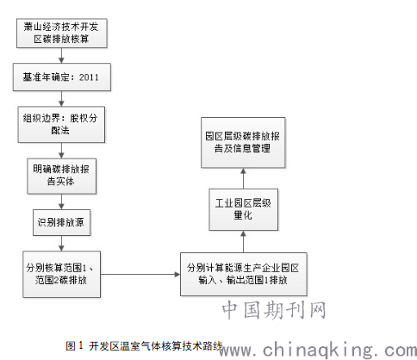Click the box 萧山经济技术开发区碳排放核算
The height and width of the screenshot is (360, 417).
pos(62,34)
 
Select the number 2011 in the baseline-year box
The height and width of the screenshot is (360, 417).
pos(89,78)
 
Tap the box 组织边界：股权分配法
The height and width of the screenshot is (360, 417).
pos(61,125)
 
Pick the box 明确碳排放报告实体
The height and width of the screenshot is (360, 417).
pos(61,176)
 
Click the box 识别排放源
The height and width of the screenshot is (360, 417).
pos(61,222)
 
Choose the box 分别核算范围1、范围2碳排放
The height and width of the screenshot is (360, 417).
pos(61,274)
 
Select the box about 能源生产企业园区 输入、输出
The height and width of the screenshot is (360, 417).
pos(243,274)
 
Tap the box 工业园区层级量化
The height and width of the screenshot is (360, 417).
pos(243,209)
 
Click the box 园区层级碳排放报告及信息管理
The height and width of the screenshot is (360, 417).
pos(243,143)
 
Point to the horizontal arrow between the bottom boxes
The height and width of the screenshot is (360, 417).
pos(140,275)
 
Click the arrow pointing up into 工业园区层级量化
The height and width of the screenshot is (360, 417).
pos(243,242)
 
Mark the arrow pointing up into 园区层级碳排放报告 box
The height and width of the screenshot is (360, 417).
pos(243,178)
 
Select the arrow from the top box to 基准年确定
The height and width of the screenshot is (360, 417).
pos(61,56)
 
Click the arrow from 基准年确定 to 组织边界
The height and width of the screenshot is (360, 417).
pos(61,99)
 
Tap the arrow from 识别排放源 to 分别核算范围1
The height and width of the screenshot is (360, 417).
pos(61,244)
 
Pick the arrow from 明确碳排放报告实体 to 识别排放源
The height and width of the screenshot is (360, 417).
pos(61,202)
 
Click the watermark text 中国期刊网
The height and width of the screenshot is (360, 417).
pos(274,310)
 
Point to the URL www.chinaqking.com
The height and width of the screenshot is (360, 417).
pos(318,350)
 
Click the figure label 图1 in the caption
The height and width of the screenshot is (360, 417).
pos(74,345)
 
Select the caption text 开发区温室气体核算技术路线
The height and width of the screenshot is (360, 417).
pos(156,346)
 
